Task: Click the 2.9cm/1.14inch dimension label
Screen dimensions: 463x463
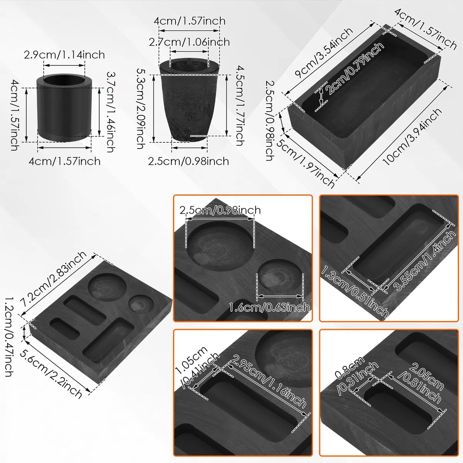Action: point(64,55)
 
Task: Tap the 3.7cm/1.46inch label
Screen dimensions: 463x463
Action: point(111,112)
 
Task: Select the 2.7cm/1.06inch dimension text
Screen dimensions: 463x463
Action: point(189,42)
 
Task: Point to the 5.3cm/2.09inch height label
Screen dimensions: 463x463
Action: point(141,108)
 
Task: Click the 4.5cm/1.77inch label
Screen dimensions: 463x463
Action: point(240,106)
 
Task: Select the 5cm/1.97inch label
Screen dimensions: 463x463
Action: point(306,163)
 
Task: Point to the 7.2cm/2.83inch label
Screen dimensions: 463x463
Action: point(54,279)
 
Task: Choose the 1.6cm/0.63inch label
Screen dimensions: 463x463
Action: point(269,308)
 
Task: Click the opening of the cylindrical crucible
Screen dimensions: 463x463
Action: point(64,80)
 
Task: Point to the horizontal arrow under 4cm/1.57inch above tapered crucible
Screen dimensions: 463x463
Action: point(189,30)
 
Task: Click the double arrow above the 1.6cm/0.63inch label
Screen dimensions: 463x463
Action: point(280,296)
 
